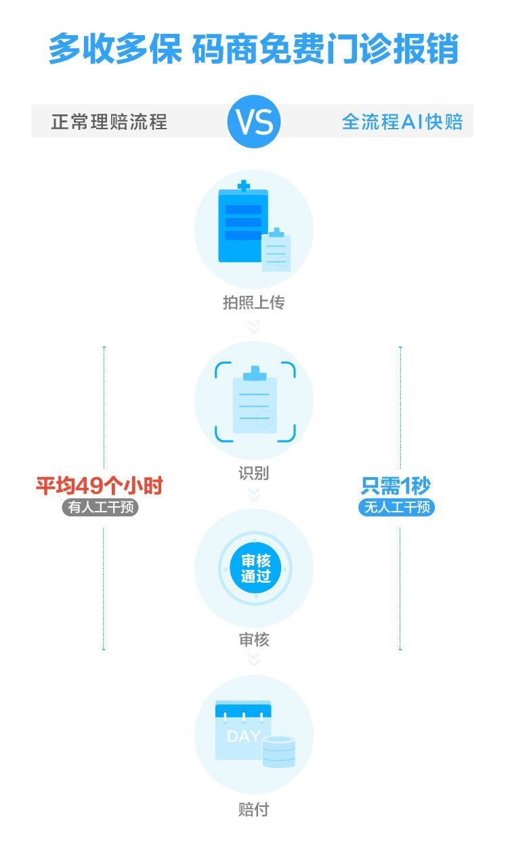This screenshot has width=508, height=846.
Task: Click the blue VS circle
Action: (254, 121)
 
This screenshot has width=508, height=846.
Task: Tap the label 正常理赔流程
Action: (109, 122)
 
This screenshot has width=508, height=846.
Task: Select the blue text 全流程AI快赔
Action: (402, 122)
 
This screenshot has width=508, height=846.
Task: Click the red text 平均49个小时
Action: (100, 486)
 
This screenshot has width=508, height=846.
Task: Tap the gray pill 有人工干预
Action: (100, 507)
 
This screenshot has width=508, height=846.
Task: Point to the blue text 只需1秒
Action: (396, 486)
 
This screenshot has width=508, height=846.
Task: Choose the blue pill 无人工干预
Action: (396, 507)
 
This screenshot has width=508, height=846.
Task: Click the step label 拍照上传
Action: (253, 303)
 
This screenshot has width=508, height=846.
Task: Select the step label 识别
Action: (253, 473)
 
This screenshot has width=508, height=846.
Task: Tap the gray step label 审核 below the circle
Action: (254, 640)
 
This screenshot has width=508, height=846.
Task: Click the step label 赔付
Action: (253, 809)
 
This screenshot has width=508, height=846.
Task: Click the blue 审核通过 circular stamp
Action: (255, 569)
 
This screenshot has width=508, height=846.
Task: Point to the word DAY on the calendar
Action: (244, 736)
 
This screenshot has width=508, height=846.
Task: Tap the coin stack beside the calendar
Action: (278, 751)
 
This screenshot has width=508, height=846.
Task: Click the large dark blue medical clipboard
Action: (243, 221)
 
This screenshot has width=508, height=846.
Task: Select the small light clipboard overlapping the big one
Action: (276, 249)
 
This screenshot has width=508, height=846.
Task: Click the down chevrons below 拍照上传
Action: (254, 327)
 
